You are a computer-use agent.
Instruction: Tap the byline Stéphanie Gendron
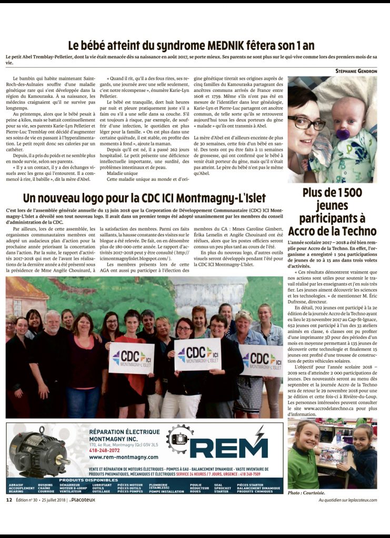(356, 70)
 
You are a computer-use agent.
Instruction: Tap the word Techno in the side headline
(359, 231)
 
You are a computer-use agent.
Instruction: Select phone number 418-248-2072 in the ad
(105, 449)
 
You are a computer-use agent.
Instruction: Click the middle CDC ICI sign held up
(197, 354)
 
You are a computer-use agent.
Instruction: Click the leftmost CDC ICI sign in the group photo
(131, 357)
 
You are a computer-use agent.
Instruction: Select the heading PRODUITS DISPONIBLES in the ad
(81, 479)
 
